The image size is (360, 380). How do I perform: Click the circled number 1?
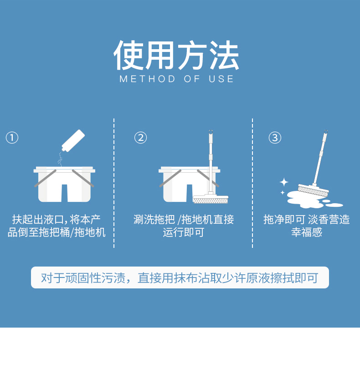[x=12, y=138]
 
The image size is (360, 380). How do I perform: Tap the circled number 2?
[x=140, y=138]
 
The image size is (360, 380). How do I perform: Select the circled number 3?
[x=275, y=138]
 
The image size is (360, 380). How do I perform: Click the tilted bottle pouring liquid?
[x=73, y=141]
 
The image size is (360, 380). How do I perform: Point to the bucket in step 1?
[x=64, y=184]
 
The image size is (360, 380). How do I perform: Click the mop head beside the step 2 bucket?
[x=211, y=199]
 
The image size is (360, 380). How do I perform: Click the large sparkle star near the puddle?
[x=284, y=182]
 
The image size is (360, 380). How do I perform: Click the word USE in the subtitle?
[x=221, y=79]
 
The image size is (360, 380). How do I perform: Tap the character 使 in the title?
[x=129, y=55]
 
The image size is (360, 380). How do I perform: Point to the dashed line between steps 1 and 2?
[x=114, y=183]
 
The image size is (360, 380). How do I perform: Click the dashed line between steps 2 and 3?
[x=252, y=183]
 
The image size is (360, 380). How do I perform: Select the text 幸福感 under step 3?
[x=307, y=232]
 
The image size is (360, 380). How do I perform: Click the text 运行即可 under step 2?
[x=183, y=232]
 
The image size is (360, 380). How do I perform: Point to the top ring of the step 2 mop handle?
[x=211, y=132]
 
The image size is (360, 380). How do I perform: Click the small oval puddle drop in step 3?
[x=334, y=205]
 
